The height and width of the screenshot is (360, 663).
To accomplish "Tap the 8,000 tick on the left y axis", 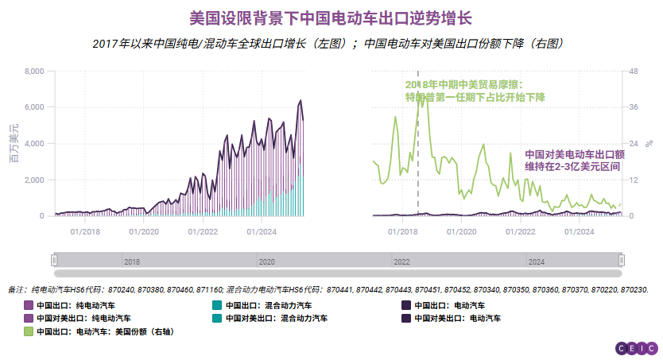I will (x=34, y=72).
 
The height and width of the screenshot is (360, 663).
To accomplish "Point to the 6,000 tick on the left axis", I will (x=34, y=107).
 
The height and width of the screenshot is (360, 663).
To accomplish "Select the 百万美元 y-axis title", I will (x=13, y=144).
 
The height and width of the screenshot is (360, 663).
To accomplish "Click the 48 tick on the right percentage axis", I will (x=634, y=72).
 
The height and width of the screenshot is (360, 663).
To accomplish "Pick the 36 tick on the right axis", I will (x=634, y=107).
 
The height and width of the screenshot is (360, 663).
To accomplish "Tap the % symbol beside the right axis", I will (x=649, y=144).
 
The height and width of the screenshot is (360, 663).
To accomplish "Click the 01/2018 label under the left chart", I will (x=85, y=231).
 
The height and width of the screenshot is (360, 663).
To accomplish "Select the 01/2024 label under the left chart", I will (x=262, y=231).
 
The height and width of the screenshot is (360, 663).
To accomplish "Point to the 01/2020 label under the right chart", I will (x=462, y=231).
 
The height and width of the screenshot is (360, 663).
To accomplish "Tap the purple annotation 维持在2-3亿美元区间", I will (x=572, y=168).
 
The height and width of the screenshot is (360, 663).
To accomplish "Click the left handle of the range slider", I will (x=54, y=260).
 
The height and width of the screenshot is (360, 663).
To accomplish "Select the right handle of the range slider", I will (x=622, y=260).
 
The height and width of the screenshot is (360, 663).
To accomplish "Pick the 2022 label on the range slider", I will (x=401, y=261).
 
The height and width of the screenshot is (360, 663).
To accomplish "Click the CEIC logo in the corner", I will (x=637, y=347).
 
